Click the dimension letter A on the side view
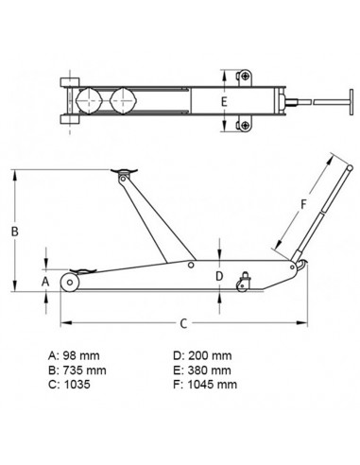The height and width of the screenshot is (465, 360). click(43, 281)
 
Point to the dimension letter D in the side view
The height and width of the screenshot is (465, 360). click(219, 275)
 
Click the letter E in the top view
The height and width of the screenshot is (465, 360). click(224, 100)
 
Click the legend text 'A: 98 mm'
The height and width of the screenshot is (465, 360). click(74, 355)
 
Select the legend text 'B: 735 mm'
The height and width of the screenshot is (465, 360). click(77, 370)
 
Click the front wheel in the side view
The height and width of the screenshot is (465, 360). click(74, 284)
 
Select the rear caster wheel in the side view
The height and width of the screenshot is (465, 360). click(247, 282)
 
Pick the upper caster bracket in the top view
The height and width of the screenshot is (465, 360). click(244, 75)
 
